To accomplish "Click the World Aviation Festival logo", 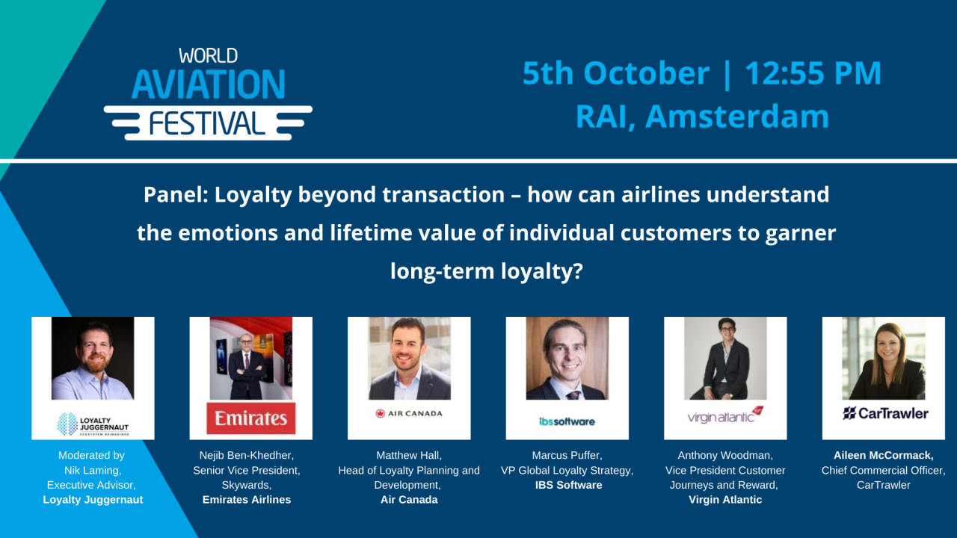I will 208,93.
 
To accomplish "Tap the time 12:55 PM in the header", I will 813,73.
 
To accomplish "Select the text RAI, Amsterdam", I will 702,117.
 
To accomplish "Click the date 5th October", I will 615,73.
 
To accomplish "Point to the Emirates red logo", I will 251,418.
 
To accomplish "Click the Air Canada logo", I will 409,413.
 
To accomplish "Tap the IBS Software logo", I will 567,421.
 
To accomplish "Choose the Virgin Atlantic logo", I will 725,415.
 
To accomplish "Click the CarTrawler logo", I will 885,413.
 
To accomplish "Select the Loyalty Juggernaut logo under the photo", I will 93,423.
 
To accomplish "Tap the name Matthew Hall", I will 409,455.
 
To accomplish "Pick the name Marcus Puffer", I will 567,455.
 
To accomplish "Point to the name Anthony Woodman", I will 725,455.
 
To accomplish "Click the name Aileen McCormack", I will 883,455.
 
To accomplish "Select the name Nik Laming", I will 92,470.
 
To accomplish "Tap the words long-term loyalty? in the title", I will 486,270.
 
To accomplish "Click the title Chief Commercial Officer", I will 883,470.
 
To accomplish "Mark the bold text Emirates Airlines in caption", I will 246,500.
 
